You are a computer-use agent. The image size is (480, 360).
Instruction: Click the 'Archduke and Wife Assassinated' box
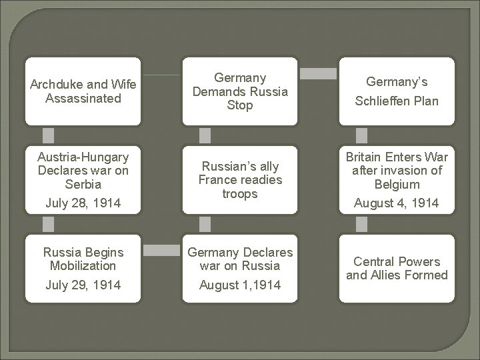click(x=83, y=91)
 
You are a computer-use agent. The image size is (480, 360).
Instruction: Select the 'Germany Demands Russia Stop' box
click(x=241, y=92)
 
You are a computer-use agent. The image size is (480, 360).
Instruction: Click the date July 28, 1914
click(x=83, y=203)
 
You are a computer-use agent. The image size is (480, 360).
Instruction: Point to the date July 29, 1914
click(x=83, y=285)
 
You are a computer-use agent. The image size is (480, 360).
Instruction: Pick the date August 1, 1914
click(x=241, y=285)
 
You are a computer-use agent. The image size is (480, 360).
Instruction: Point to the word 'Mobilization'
click(x=83, y=265)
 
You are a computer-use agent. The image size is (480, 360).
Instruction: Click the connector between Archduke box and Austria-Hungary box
click(x=49, y=135)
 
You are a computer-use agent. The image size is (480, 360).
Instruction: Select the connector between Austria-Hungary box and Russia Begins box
click(x=49, y=223)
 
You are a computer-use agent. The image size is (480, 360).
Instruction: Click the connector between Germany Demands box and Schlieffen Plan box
click(x=318, y=71)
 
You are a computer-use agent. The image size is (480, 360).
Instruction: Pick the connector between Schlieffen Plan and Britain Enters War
click(x=361, y=135)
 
